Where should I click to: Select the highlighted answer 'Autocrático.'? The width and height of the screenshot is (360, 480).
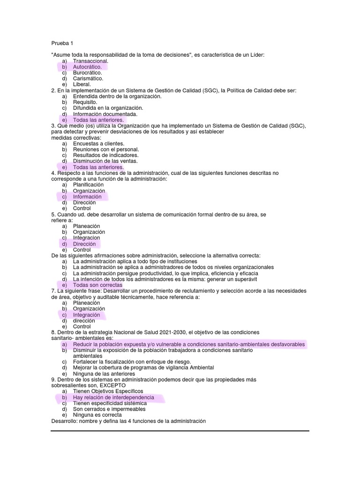click(x=87, y=67)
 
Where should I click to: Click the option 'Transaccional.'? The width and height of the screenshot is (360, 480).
click(x=90, y=61)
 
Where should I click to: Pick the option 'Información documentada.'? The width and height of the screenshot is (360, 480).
click(x=105, y=114)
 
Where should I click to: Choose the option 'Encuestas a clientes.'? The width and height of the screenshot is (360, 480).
click(x=98, y=143)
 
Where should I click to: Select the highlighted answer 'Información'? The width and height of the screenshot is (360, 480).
click(x=87, y=197)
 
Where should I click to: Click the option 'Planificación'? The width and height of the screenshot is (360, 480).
click(x=88, y=185)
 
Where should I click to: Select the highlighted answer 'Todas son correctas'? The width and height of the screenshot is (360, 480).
click(x=97, y=285)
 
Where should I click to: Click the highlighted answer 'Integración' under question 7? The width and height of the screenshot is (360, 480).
click(x=86, y=315)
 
